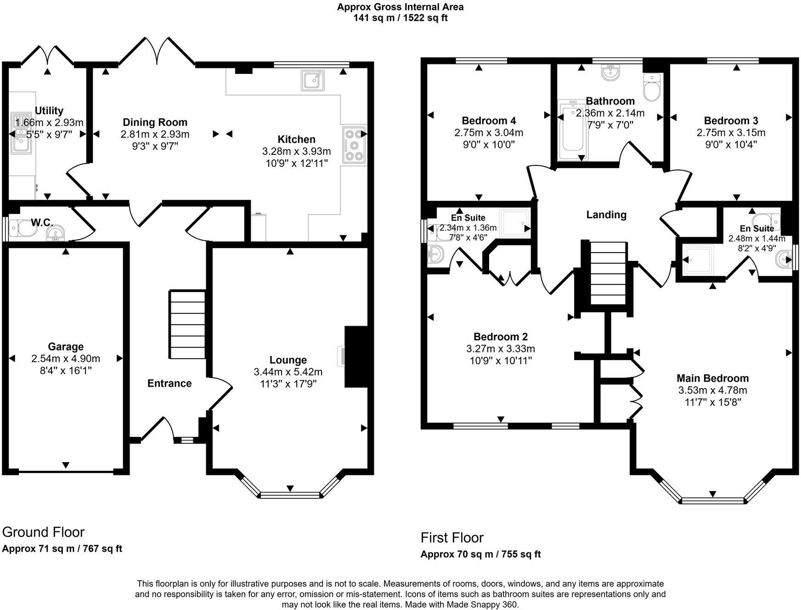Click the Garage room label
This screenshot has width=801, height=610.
pyautogui.click(x=66, y=347)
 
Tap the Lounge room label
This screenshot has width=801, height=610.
pyautogui.click(x=288, y=360)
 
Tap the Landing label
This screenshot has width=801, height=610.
pyautogui.click(x=606, y=215)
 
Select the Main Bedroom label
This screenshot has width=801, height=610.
pyautogui.click(x=712, y=378)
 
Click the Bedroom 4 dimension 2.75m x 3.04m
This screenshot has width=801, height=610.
pyautogui.click(x=489, y=133)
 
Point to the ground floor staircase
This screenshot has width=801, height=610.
pyautogui.click(x=188, y=324)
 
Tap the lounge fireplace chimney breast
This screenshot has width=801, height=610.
pyautogui.click(x=356, y=357)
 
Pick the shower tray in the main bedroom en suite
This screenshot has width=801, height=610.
pyautogui.click(x=698, y=260)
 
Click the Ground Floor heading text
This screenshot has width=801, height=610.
pyautogui.click(x=43, y=532)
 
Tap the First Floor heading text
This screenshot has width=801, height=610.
pyautogui.click(x=452, y=537)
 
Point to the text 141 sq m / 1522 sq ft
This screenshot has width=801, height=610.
pyautogui.click(x=400, y=18)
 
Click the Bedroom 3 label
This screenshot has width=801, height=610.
pyautogui.click(x=731, y=121)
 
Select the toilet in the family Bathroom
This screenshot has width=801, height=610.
pyautogui.click(x=652, y=87)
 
